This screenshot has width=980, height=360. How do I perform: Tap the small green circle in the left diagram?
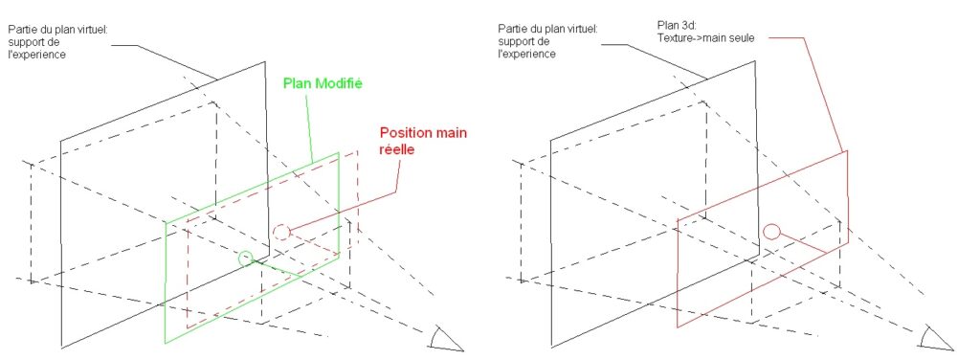[x=246, y=257]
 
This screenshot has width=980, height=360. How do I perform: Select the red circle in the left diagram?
[x=280, y=232]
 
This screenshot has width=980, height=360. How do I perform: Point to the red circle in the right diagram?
[x=772, y=230]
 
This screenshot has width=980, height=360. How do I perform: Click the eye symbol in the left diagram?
[x=445, y=338]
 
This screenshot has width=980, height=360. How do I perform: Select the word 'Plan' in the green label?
[x=296, y=83]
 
